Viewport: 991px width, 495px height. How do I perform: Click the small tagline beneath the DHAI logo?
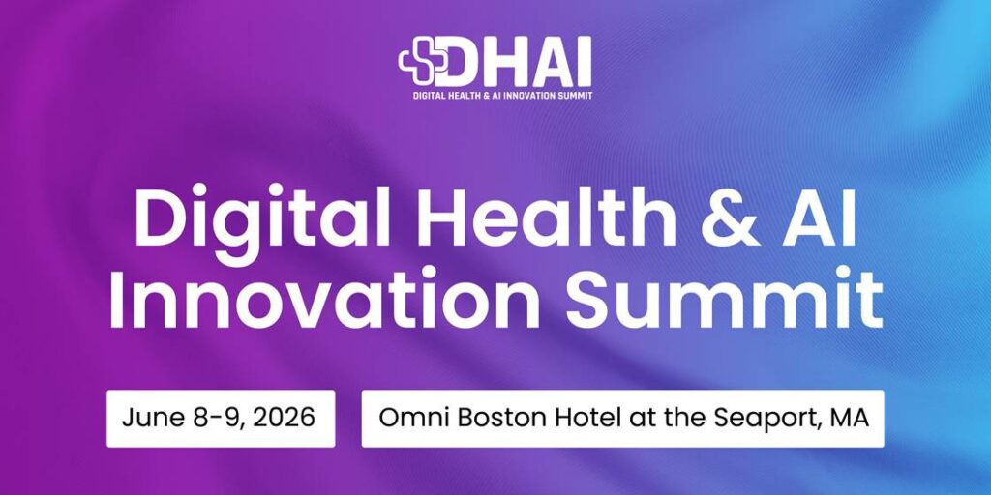point(495,96)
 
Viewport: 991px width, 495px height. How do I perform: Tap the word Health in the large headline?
point(527,218)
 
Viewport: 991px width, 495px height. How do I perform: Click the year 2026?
point(287,419)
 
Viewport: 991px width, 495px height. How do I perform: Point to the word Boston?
point(493,419)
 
